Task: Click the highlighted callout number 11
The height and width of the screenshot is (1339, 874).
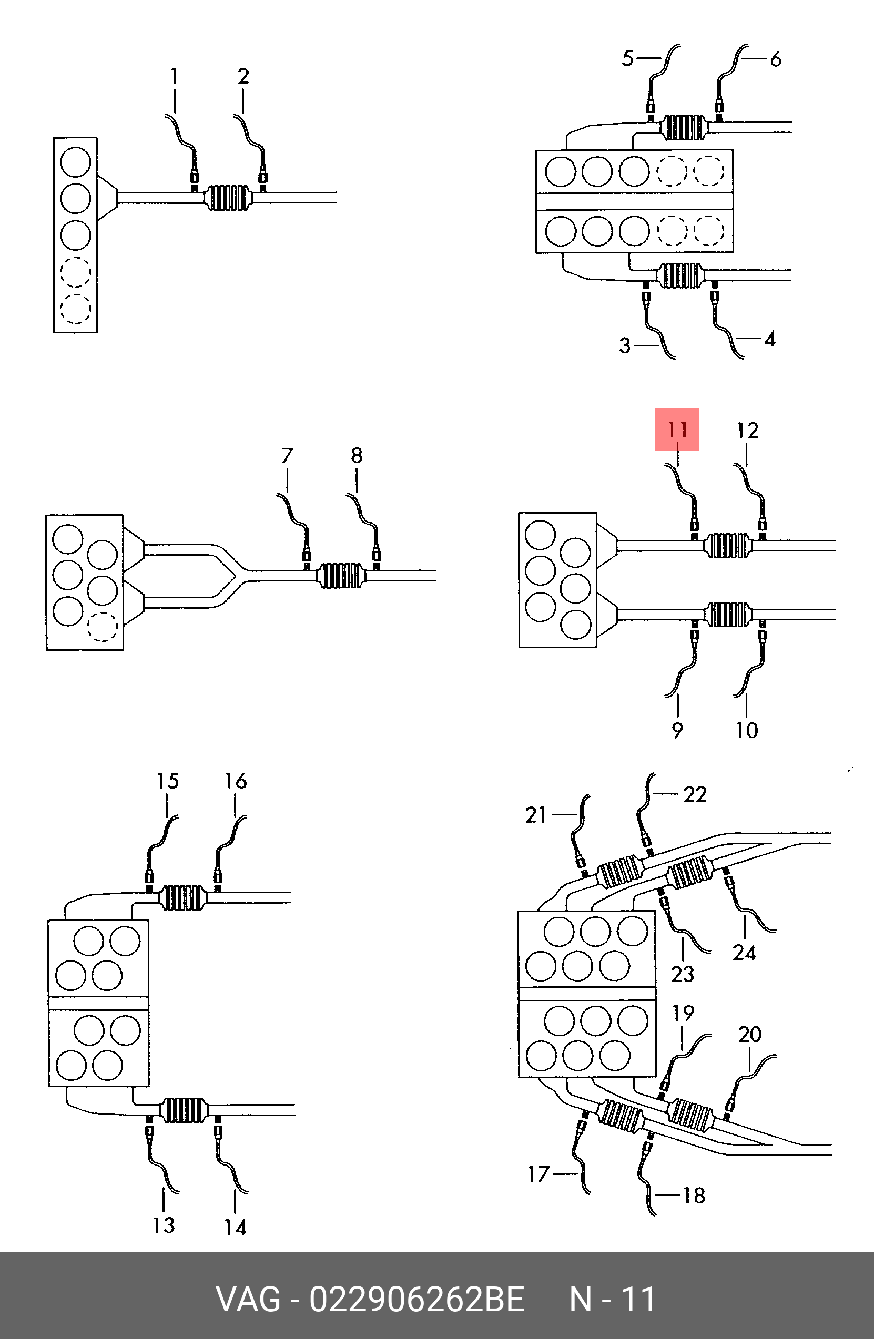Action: point(677,430)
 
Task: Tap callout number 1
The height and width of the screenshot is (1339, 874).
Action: point(175,76)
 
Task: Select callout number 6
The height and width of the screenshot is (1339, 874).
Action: point(776,59)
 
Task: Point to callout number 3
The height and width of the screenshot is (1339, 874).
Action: point(625,345)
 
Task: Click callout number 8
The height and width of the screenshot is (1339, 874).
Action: point(356,455)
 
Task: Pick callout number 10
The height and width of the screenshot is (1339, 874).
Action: point(747,730)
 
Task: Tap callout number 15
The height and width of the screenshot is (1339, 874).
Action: point(167,781)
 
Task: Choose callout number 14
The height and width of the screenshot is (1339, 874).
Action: point(235,1227)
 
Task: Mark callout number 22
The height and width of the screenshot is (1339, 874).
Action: point(695,794)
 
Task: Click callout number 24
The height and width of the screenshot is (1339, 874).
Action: point(744,953)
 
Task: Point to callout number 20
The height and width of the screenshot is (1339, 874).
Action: point(749,1034)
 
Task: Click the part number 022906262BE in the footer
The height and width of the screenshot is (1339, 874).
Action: point(416,1299)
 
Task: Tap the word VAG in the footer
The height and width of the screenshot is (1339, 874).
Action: point(248,1299)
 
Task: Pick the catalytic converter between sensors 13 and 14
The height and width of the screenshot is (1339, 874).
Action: point(183,1110)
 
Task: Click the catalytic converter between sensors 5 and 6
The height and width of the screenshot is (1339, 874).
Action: point(684,128)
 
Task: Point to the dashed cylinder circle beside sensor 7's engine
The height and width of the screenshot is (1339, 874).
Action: point(103,626)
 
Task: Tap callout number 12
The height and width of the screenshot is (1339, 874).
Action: point(747,431)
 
